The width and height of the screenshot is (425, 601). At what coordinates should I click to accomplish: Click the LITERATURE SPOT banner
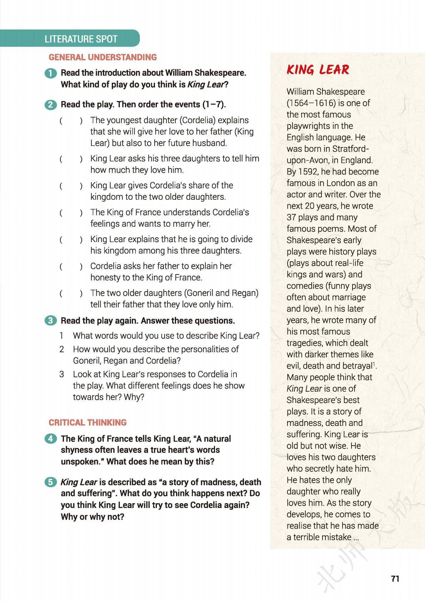click(x=81, y=39)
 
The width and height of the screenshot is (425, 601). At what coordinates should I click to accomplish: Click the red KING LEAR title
click(x=318, y=70)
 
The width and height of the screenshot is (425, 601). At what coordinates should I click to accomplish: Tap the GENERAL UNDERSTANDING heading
click(x=102, y=57)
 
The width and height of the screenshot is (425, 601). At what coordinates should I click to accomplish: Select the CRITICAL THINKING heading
click(x=87, y=423)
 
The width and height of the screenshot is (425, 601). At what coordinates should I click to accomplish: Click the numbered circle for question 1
click(x=51, y=73)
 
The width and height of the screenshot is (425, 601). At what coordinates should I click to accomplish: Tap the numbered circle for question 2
click(x=51, y=105)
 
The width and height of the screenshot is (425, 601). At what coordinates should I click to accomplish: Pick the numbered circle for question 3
click(x=51, y=320)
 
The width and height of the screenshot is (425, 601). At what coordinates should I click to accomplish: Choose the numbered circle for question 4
click(x=51, y=439)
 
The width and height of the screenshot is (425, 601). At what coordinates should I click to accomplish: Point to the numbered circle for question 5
click(x=51, y=482)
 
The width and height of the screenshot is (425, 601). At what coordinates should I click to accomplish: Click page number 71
click(x=395, y=579)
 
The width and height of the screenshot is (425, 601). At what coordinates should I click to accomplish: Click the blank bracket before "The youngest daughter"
click(x=71, y=121)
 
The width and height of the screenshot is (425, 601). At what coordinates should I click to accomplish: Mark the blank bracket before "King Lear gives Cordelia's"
click(x=71, y=186)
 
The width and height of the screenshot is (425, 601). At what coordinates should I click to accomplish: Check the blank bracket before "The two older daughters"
click(x=71, y=293)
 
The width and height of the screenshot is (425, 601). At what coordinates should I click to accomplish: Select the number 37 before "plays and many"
click(x=292, y=217)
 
